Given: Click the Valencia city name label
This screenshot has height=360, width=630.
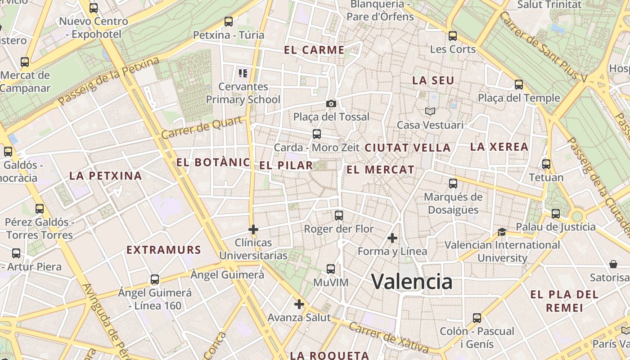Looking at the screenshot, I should pyautogui.click(x=412, y=282).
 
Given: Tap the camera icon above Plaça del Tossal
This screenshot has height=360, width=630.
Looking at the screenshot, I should pyautogui.click(x=331, y=104).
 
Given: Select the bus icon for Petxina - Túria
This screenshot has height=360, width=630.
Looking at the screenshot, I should pyautogui.click(x=229, y=21).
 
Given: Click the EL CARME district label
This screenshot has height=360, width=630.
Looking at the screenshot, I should pyautogui.click(x=314, y=50).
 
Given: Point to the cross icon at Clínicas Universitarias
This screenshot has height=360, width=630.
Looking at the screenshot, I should pyautogui.click(x=253, y=229).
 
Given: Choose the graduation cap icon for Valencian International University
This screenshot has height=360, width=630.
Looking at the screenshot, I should pyautogui.click(x=501, y=232).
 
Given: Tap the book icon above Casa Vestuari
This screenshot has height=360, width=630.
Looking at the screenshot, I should pyautogui.click(x=430, y=111).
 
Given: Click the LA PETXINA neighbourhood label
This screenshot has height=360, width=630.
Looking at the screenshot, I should pyautogui.click(x=106, y=176).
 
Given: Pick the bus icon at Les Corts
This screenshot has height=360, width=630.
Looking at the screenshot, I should pyautogui.click(x=453, y=36).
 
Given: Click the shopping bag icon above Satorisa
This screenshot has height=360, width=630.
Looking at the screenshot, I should pyautogui.click(x=613, y=264).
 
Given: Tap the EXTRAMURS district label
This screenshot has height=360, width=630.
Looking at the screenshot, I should pyautogui.click(x=163, y=250).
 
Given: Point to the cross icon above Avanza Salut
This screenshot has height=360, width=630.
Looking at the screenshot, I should pyautogui.click(x=299, y=304).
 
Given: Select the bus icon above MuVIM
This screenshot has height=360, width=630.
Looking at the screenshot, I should pyautogui.click(x=331, y=269).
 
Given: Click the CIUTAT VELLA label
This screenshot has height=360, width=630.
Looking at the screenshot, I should pyautogui.click(x=407, y=148).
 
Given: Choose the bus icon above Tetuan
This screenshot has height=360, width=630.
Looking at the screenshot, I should pyautogui.click(x=546, y=164).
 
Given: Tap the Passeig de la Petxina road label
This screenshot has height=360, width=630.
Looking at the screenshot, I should pyautogui.click(x=109, y=81).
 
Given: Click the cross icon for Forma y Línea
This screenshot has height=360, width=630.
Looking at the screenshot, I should pyautogui.click(x=392, y=238).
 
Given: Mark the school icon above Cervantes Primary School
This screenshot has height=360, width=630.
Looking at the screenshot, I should pyautogui.click(x=243, y=73).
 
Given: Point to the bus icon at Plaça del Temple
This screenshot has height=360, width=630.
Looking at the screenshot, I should pyautogui.click(x=519, y=84).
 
